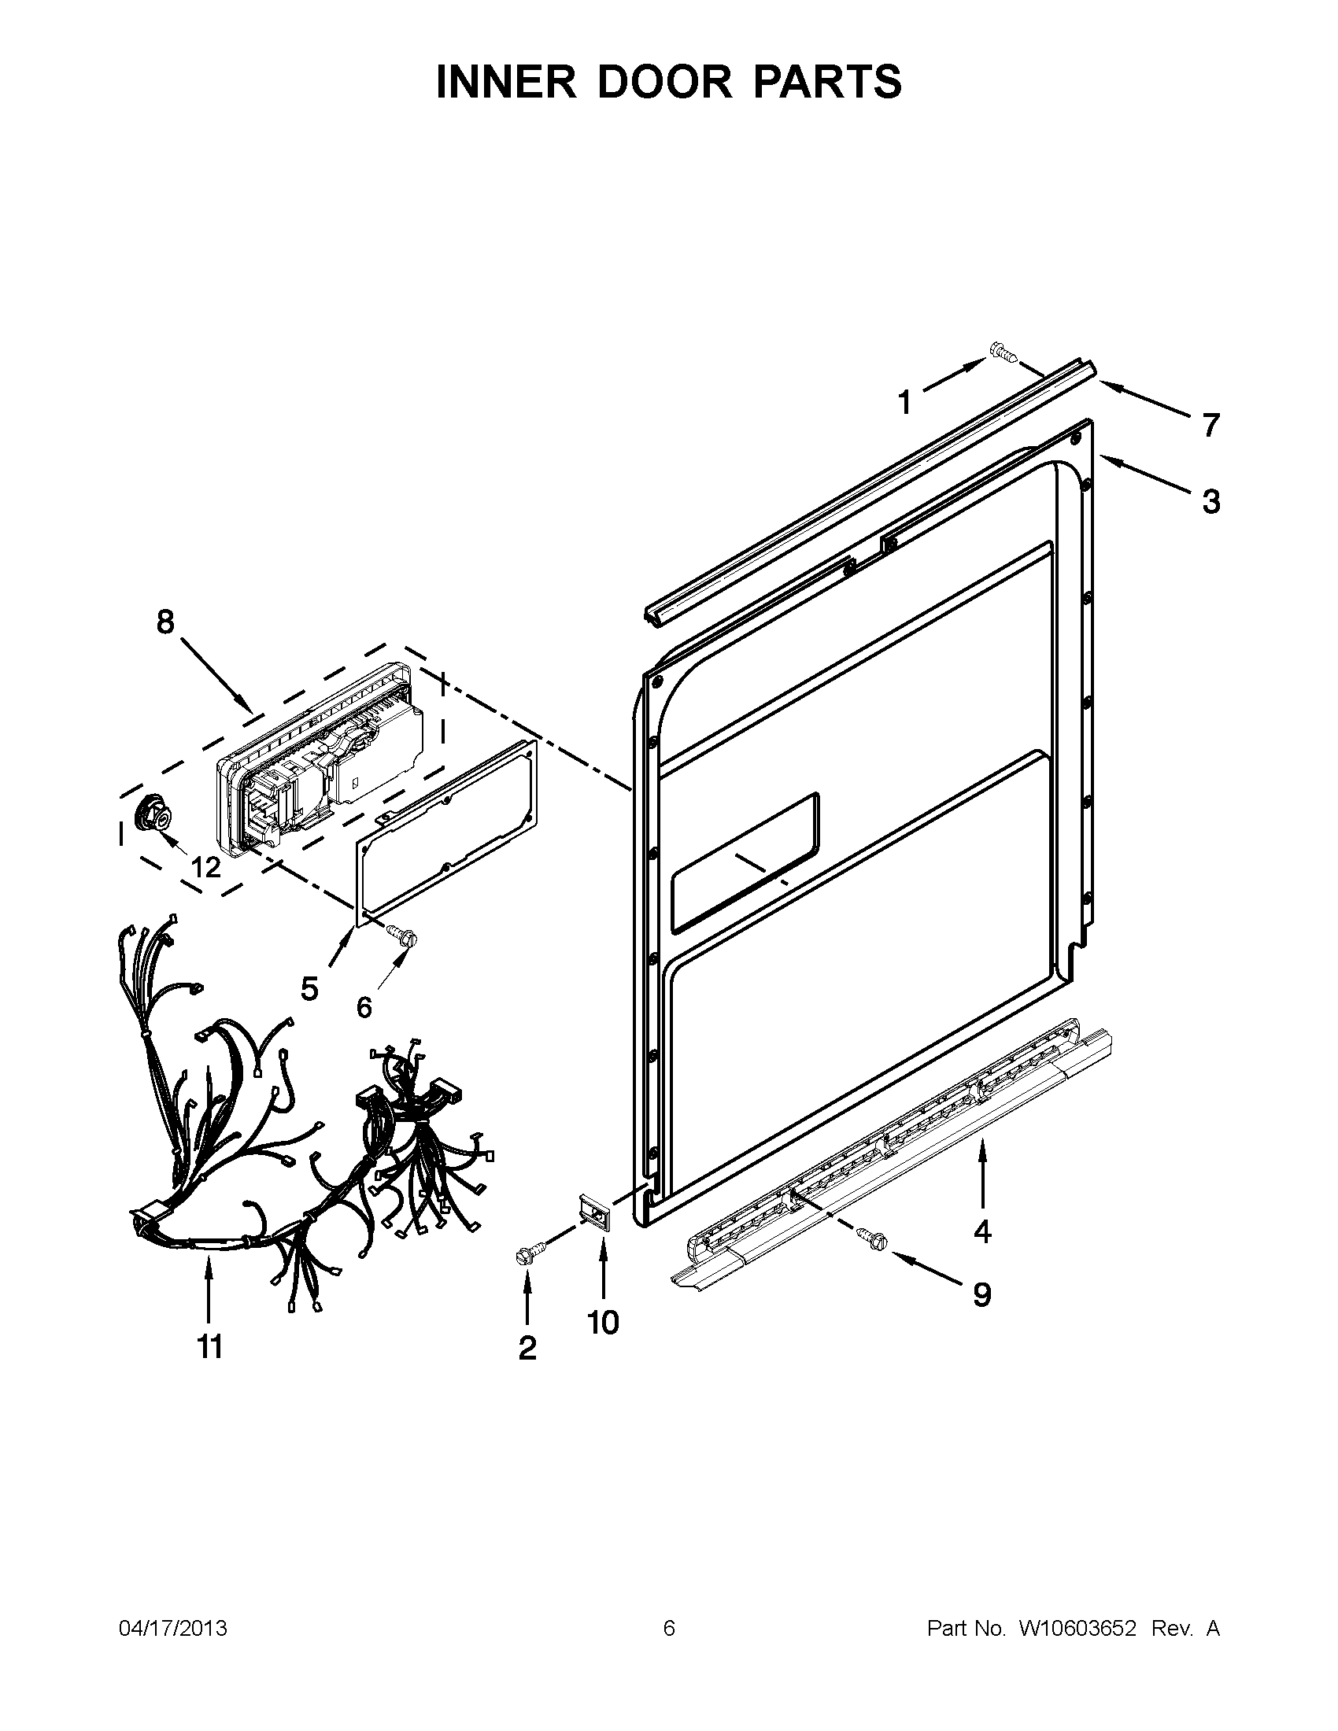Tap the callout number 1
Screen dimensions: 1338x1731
coord(904,404)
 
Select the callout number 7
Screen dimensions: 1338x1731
coord(1210,426)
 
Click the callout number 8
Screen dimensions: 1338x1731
coord(164,622)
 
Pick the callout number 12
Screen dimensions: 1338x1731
coord(205,867)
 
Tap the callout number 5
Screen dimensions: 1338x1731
coord(309,987)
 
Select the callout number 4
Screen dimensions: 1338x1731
coord(982,1231)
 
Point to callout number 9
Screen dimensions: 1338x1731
coord(981,1295)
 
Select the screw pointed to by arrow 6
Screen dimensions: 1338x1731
coord(401,936)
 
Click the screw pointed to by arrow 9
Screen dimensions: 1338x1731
coord(872,1238)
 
